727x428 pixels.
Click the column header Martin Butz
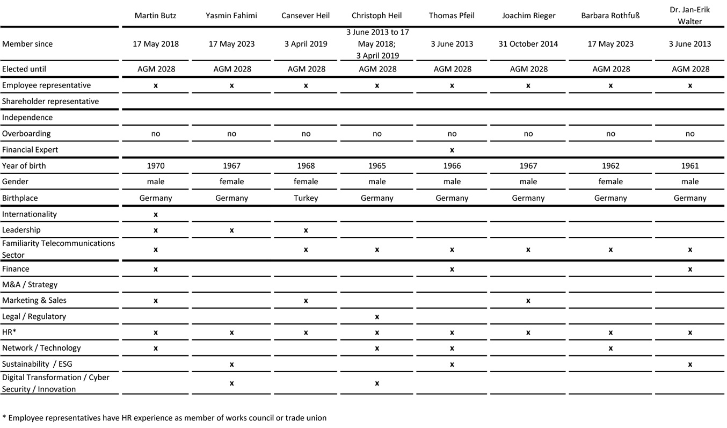[x=155, y=16]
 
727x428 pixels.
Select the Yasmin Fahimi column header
[x=231, y=16]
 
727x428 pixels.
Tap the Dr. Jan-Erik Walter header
[x=689, y=16]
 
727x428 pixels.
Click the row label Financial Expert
[x=30, y=150]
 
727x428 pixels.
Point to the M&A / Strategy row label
[x=30, y=285]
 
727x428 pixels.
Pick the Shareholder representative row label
[x=50, y=101]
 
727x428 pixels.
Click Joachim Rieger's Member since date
[x=528, y=44]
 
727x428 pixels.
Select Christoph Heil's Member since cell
[x=377, y=44]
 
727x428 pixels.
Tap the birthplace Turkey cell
[x=306, y=198]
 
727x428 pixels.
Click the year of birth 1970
[x=155, y=166]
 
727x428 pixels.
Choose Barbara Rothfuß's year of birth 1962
[x=610, y=166]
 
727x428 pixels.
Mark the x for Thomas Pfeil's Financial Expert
[x=452, y=150]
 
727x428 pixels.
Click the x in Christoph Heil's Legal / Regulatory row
[x=377, y=317]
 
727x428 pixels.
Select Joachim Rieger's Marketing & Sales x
[x=528, y=301]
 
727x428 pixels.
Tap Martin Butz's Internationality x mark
[x=155, y=214]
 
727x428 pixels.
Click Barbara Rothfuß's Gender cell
[x=610, y=182]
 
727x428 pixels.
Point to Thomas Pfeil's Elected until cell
[x=452, y=69]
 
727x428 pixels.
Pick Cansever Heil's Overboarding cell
[x=306, y=134]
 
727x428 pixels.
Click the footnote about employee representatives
[x=164, y=418]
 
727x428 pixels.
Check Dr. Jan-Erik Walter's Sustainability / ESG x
[x=689, y=365]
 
